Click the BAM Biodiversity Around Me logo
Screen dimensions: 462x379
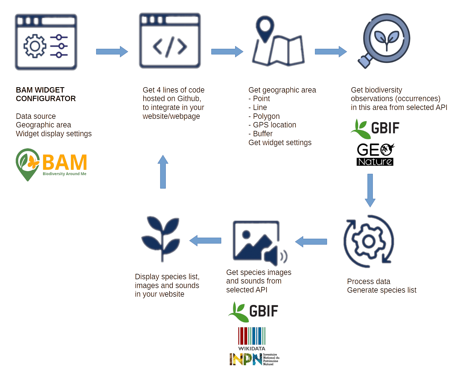[x=51, y=165]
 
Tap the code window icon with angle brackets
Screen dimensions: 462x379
[x=170, y=41]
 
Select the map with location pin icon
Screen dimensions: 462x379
[x=278, y=41]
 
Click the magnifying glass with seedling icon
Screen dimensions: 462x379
[x=384, y=41]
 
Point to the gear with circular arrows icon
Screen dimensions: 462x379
[x=369, y=241]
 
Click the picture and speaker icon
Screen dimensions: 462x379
[x=260, y=243]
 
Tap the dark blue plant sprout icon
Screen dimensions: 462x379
[x=161, y=239]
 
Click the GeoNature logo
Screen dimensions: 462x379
[x=375, y=154]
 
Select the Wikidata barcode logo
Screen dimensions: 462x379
[x=252, y=339]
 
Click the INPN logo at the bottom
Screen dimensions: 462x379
[x=254, y=359]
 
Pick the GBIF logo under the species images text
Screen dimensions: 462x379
[x=253, y=312]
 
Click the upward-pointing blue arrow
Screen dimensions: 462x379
[x=163, y=172]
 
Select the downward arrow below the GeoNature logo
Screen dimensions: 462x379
[x=370, y=190]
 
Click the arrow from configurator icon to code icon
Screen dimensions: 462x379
[x=112, y=51]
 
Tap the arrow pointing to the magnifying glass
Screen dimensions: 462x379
[x=331, y=51]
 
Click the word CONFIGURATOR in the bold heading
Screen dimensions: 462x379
[x=46, y=99]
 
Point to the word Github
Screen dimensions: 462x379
[x=189, y=99]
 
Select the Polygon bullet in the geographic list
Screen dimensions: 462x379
[x=264, y=116]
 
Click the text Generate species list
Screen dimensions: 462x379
[x=382, y=290]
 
